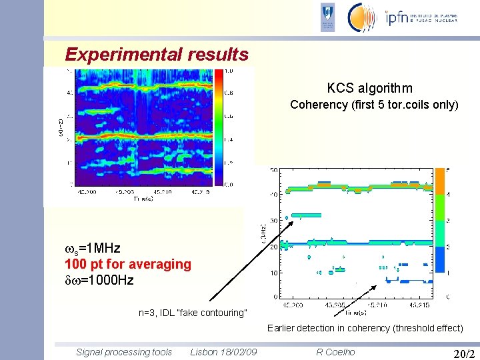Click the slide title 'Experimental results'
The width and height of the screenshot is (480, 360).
[x=157, y=54]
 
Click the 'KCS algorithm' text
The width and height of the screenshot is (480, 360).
[x=369, y=88]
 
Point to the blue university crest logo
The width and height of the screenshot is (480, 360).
[x=327, y=17]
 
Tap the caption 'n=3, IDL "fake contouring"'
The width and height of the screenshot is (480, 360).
[x=193, y=313]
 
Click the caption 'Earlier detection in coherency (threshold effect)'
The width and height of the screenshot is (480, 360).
[x=365, y=327]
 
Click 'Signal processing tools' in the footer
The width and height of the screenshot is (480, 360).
[x=124, y=352]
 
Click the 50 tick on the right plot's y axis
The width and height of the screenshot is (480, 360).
[x=274, y=171]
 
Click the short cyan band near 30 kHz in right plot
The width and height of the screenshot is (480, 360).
[x=307, y=215]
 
